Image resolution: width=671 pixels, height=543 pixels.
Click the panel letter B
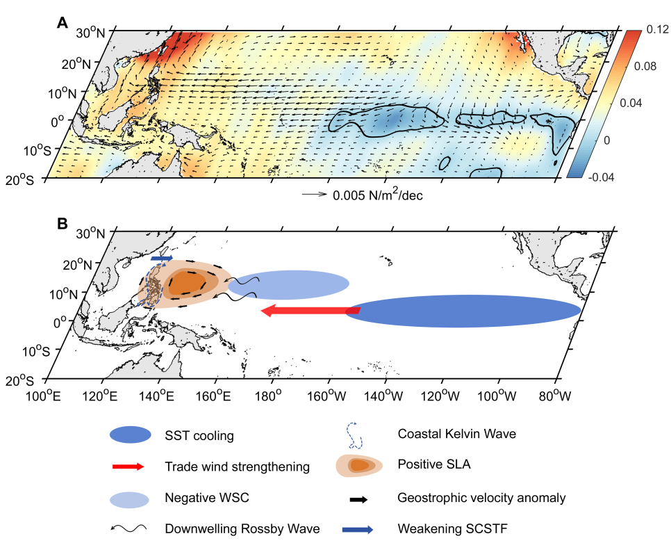(x=62, y=224)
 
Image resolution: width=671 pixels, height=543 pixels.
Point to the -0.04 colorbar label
(x=654, y=176)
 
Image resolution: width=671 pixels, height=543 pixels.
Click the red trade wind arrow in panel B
(x=310, y=311)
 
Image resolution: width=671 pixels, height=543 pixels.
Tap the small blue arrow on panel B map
(x=162, y=259)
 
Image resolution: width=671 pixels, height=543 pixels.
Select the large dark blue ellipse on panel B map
(x=463, y=311)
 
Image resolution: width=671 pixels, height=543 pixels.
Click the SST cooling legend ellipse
(x=130, y=435)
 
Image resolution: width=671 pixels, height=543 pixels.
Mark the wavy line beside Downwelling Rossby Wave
(x=130, y=528)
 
